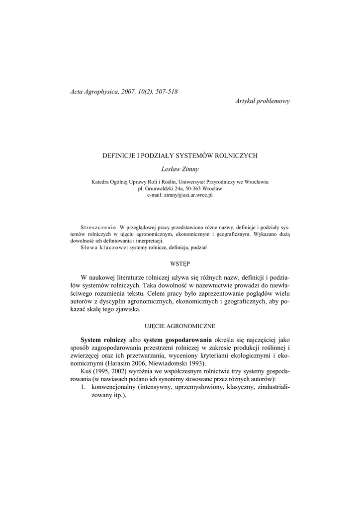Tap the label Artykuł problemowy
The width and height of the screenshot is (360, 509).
pos(262,101)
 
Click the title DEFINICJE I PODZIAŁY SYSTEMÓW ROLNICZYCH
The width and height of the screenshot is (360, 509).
pos(180,156)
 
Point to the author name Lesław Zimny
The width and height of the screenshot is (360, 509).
pos(180,169)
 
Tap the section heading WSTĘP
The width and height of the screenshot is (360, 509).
pos(180,262)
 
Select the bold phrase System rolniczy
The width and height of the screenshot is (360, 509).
pos(102,339)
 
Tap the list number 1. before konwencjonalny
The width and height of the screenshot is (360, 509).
pos(84,388)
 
